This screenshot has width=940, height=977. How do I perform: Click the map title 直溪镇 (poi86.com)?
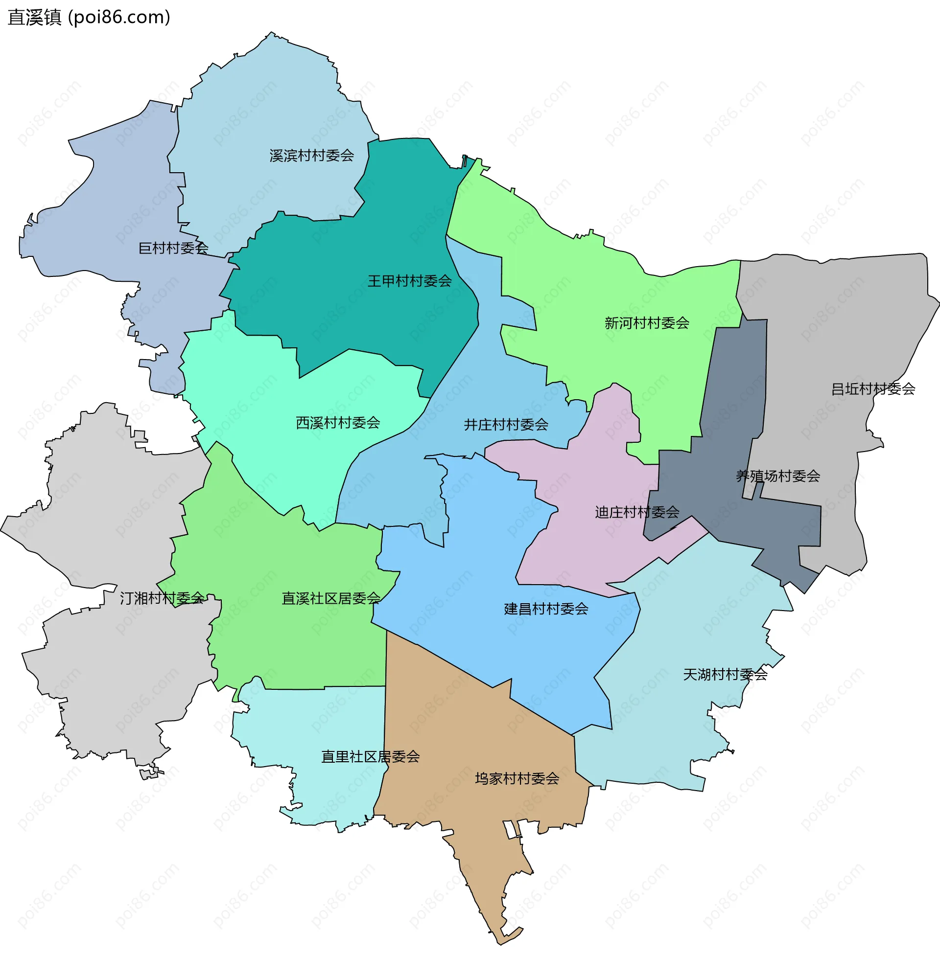coord(89,18)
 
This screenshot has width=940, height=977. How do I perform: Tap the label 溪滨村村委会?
coord(311,156)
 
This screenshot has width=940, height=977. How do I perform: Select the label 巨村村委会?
coord(173,248)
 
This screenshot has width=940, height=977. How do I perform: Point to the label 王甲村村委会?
coord(409,281)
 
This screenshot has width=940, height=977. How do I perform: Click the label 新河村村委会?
coord(647,323)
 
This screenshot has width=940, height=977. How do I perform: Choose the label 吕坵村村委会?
coord(872,389)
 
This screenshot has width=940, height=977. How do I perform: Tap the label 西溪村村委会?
coord(338,423)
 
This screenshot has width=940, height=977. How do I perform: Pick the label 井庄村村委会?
coord(505,425)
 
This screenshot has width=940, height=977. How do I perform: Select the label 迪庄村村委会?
coord(636,512)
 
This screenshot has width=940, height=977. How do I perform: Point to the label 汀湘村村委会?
coord(162,598)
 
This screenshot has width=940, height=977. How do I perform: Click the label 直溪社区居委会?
coord(331,598)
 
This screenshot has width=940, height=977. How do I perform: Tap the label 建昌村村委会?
coord(546,609)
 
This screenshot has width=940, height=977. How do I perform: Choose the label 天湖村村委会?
coord(725,675)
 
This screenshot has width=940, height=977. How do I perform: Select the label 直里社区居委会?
coord(370,757)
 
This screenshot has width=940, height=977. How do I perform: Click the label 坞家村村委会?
coord(517,778)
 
